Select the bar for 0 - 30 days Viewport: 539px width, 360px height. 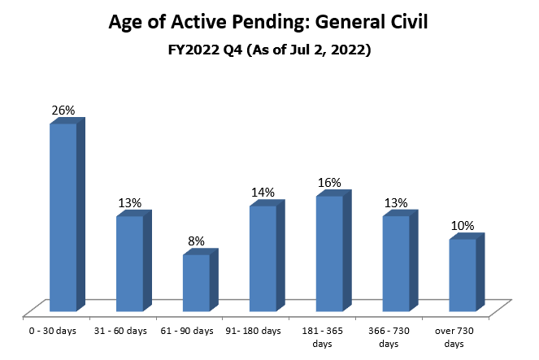(x=63, y=217)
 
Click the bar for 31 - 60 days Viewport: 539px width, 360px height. (x=130, y=263)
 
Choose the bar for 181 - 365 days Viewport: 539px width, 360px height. (x=329, y=254)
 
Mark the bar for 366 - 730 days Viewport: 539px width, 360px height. (x=396, y=263)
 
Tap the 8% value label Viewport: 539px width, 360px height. (x=197, y=241)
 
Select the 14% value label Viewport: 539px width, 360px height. (x=263, y=192)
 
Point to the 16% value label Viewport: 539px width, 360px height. (x=330, y=183)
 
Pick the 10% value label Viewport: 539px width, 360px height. (x=463, y=225)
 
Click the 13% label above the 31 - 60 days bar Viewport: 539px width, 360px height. (x=130, y=202)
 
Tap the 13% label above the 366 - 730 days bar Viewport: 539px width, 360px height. (x=397, y=202)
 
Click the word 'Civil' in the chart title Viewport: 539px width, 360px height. (x=402, y=23)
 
